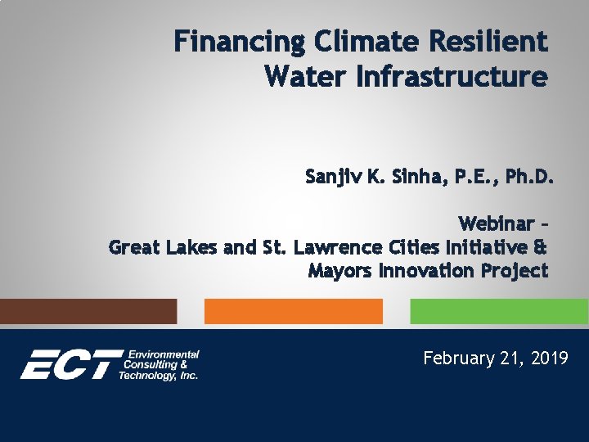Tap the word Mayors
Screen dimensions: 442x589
click(x=339, y=271)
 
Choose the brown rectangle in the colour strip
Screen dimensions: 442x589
click(x=88, y=311)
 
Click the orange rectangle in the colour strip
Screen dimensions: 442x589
click(x=293, y=311)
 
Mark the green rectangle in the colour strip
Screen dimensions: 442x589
click(x=498, y=311)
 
